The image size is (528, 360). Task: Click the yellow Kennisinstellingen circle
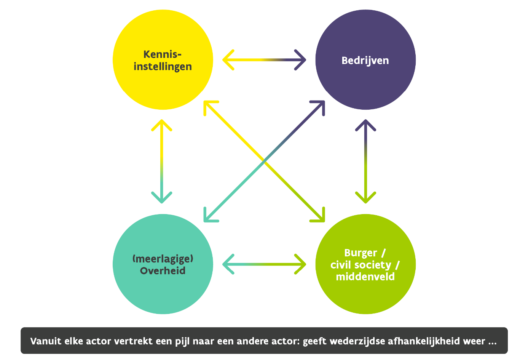coord(163,60)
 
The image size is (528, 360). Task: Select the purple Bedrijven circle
coord(365,60)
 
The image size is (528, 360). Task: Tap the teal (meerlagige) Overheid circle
coord(163,264)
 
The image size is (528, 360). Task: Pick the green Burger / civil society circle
coord(365,264)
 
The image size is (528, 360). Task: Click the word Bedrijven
coord(365,61)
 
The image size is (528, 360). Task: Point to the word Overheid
coord(163,270)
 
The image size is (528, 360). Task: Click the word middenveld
coord(365,277)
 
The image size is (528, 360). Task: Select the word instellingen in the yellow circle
coord(163,67)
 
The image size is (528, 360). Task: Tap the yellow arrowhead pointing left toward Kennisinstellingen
coord(228,60)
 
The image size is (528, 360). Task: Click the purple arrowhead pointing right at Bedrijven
coord(300,60)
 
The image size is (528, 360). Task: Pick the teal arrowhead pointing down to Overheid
coord(162,197)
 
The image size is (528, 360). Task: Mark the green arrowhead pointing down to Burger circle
coord(365,197)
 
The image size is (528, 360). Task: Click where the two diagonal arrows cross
coord(264,162)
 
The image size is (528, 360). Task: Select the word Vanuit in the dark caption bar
coord(46,341)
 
